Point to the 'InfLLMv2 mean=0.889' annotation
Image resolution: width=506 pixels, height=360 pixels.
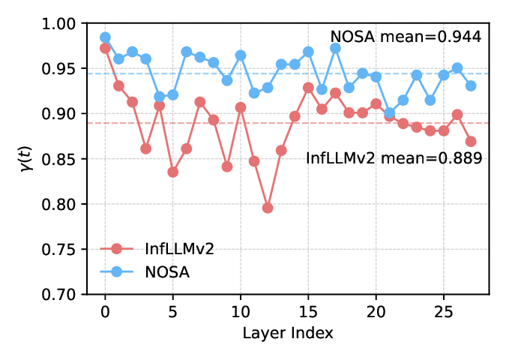394,157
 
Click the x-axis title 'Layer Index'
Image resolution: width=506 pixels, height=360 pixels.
288,331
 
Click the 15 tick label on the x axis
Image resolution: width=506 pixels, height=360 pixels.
308,309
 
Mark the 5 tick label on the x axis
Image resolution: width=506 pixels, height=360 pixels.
172,309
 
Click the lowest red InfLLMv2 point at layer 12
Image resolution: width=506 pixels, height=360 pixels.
268,208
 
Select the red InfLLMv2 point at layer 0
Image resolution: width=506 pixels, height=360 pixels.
105,48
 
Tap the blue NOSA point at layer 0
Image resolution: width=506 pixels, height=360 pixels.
105,37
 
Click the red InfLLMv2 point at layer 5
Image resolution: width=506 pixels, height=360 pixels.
172,172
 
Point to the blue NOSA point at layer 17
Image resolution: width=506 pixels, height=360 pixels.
335,48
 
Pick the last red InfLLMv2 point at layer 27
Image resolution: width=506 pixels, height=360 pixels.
471,141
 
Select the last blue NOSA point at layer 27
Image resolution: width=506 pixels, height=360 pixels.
471,85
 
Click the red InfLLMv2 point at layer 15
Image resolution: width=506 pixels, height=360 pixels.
308,88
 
